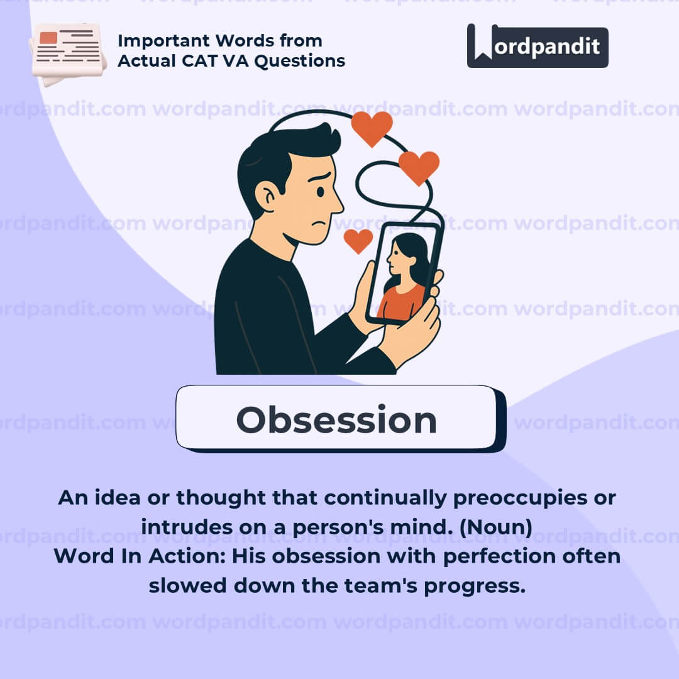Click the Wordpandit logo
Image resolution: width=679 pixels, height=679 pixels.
(538, 45)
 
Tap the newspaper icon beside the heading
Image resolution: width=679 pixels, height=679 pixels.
(67, 54)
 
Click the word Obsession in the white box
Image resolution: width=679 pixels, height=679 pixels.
(336, 419)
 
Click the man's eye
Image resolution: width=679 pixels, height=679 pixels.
(321, 191)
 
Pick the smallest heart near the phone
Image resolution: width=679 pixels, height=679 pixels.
(358, 241)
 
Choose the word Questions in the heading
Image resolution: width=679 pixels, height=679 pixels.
(300, 61)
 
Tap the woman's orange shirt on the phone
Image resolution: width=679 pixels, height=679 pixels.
(400, 302)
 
